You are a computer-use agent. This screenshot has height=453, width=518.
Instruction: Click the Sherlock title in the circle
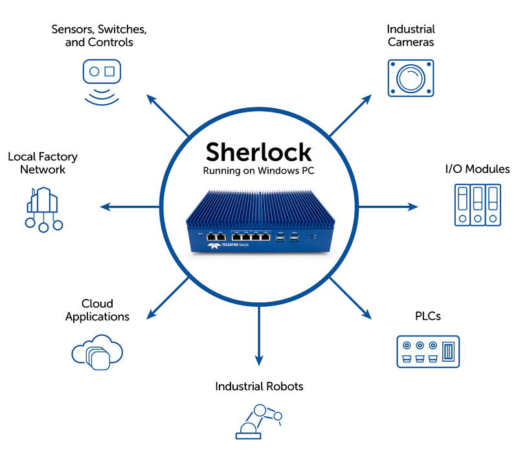(258, 152)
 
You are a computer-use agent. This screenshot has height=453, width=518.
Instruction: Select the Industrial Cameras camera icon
(410, 78)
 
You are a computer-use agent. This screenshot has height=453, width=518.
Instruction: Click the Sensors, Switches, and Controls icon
(102, 80)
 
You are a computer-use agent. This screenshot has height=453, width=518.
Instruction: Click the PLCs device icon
(427, 351)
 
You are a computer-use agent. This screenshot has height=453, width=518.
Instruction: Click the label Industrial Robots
(259, 386)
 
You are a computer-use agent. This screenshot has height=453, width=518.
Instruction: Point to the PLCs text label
(427, 316)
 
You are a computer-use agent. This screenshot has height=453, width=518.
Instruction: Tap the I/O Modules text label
(477, 169)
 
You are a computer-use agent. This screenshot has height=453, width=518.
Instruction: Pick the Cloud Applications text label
(97, 310)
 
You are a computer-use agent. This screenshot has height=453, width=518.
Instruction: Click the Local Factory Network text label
(43, 163)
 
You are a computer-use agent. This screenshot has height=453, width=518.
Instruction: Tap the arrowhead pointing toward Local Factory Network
(105, 207)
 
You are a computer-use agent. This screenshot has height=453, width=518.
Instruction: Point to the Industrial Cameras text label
(411, 36)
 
